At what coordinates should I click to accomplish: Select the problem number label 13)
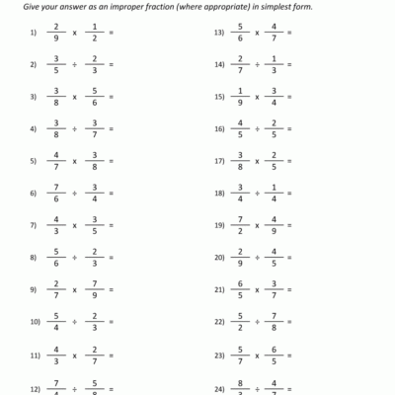220,34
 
